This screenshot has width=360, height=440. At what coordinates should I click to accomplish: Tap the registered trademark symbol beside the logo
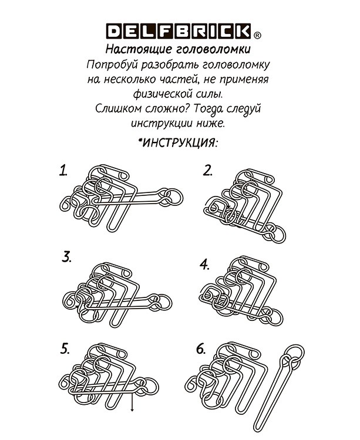[257, 34]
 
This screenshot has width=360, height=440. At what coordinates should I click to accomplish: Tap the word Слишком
[118, 109]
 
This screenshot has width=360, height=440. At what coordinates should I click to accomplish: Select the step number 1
[63, 171]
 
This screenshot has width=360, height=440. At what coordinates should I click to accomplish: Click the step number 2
[207, 171]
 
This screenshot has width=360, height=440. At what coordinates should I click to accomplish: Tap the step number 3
[66, 256]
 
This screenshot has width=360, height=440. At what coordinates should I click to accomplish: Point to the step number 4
[204, 264]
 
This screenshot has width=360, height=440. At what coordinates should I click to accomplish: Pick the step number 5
[65, 348]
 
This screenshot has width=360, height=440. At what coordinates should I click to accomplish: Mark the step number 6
[201, 349]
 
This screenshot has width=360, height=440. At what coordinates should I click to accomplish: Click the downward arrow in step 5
[132, 402]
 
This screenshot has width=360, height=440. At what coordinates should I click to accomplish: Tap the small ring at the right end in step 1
[167, 201]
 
